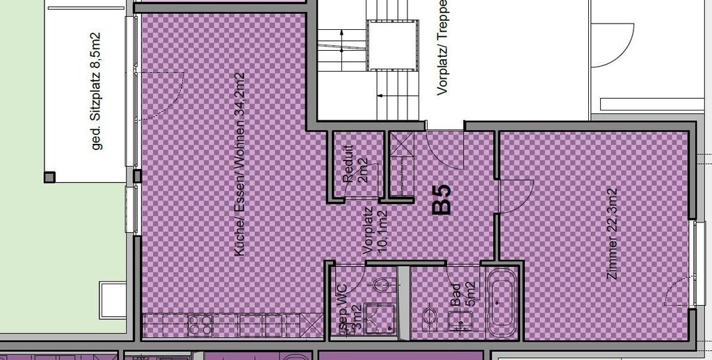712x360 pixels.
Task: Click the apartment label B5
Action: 442,199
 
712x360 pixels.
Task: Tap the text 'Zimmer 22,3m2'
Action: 613,233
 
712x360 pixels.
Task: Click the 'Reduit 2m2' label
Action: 354,164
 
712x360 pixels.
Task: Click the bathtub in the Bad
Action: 500,303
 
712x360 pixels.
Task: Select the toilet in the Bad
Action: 429,320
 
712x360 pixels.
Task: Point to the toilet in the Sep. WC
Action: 382,284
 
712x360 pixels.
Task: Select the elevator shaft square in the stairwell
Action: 393,45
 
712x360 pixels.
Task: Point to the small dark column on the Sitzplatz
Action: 49,177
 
